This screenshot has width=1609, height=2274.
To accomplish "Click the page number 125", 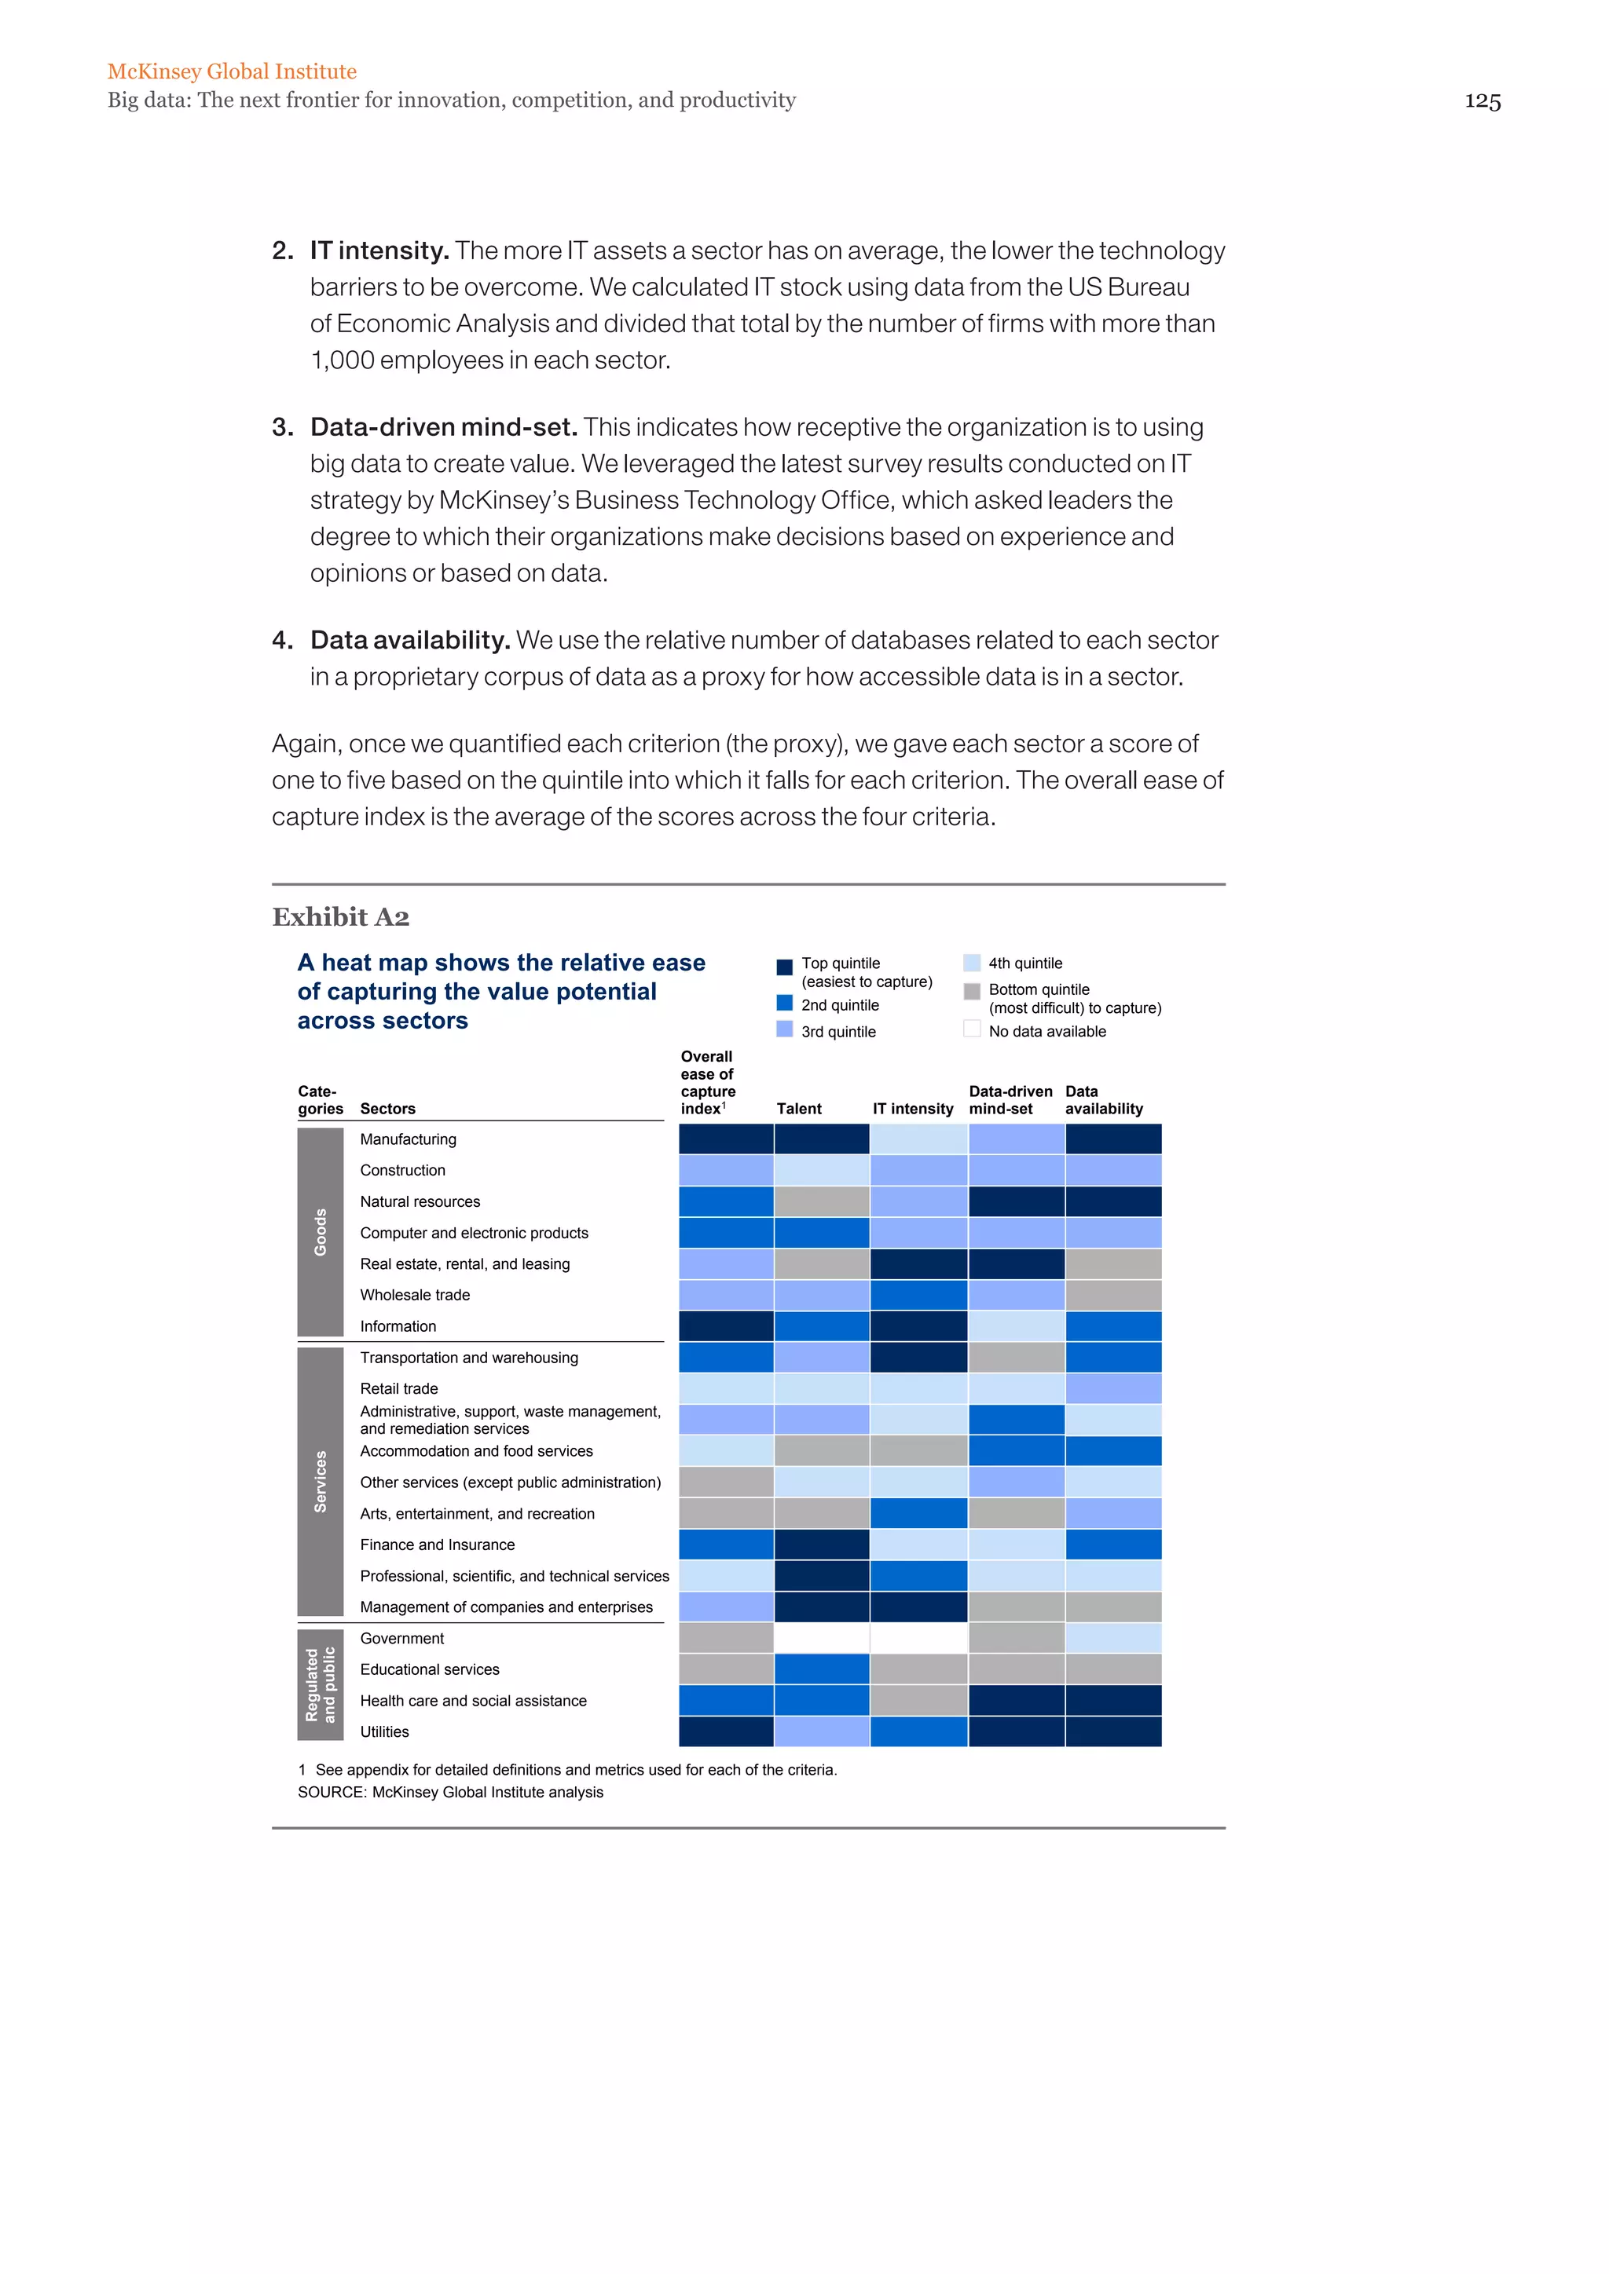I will (x=1483, y=101).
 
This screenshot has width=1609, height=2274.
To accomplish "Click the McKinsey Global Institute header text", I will (x=232, y=71).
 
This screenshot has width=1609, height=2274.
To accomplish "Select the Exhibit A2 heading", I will (x=341, y=917).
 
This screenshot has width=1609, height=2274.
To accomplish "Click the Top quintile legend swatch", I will (x=784, y=967).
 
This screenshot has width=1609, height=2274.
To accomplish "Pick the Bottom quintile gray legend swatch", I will (x=972, y=990).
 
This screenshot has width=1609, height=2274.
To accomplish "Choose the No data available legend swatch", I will (x=972, y=1029).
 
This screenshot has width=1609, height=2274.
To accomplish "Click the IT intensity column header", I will (x=912, y=1108).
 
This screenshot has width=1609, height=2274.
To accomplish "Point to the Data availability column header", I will (x=1103, y=1099).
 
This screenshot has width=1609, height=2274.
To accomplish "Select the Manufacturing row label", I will (x=409, y=1139).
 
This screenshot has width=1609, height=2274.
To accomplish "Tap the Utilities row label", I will (x=384, y=1731).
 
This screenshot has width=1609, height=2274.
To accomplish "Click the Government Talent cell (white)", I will (x=821, y=1638).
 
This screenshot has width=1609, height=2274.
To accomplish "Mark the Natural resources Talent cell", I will (x=821, y=1201).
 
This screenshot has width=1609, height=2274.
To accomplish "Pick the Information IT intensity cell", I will (x=918, y=1326).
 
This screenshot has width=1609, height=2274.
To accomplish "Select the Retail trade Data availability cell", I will (x=1112, y=1388).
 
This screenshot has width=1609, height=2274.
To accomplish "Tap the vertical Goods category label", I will (x=320, y=1232).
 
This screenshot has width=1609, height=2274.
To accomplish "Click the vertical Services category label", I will (x=320, y=1482).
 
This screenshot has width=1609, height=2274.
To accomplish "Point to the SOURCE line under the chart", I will (x=450, y=1792).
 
